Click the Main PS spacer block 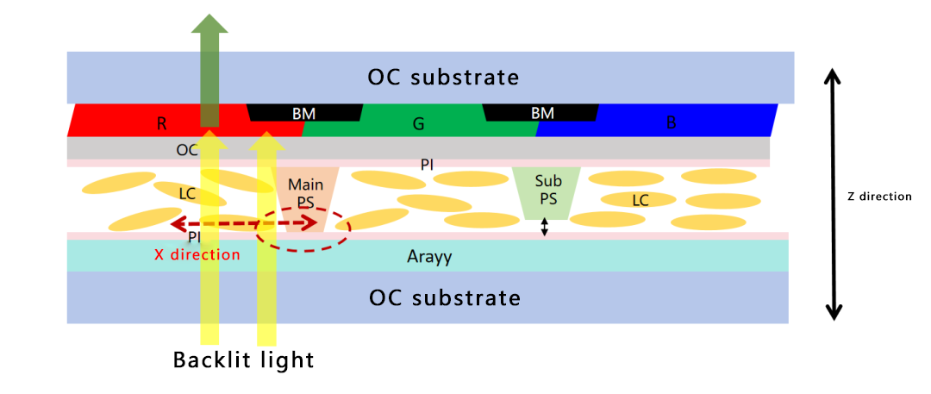(299, 199)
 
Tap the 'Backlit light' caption (244, 360)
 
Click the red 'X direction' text (197, 255)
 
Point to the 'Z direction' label (878, 197)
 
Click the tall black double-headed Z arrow (833, 194)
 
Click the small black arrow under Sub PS (544, 227)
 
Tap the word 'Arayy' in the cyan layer (429, 256)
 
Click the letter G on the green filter (418, 124)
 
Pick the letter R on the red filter (161, 123)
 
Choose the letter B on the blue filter (671, 123)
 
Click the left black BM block (303, 113)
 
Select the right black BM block (541, 113)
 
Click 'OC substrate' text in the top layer (443, 77)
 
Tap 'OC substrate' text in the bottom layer (444, 298)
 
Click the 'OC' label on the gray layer (187, 149)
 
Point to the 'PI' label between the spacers (427, 163)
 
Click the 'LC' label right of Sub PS (640, 200)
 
